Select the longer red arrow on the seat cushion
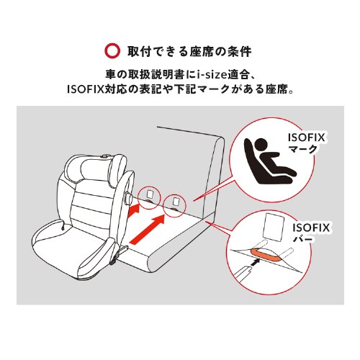pos(153,229)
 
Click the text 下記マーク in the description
pos(228,91)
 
